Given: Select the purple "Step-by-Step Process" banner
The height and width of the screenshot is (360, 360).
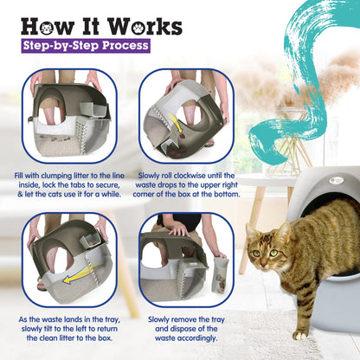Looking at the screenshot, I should (x=85, y=45).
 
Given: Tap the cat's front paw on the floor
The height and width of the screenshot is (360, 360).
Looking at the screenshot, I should (x=300, y=333).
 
